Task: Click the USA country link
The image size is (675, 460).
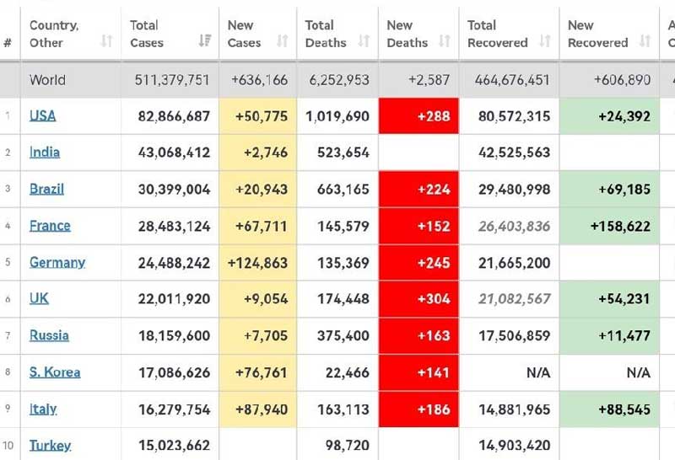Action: [x=43, y=116]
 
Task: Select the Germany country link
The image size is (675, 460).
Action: [x=57, y=262]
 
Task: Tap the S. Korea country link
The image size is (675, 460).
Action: [x=55, y=372]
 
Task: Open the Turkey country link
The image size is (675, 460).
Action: [x=51, y=445]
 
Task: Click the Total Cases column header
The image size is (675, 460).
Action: [x=144, y=34]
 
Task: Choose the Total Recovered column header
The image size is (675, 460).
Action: [x=498, y=34]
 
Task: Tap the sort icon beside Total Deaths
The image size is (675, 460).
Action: [x=364, y=41]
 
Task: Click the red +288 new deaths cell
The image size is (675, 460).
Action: [x=418, y=116]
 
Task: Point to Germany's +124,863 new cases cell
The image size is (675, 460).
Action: [x=257, y=262]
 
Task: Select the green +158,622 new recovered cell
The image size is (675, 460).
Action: [x=608, y=226]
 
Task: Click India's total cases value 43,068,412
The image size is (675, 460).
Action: [x=174, y=152]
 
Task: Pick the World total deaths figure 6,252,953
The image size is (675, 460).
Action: [x=339, y=80]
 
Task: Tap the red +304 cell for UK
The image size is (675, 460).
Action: [x=418, y=299]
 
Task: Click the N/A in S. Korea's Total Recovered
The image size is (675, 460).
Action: [x=537, y=372]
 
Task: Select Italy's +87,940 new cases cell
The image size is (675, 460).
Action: [x=257, y=409]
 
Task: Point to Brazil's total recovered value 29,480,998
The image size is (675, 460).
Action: [x=509, y=189]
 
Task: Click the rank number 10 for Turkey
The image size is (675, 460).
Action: [x=8, y=446]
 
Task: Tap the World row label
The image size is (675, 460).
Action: [x=47, y=80]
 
